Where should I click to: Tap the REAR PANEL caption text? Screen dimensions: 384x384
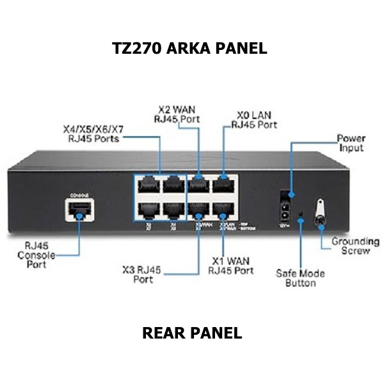click(192, 333)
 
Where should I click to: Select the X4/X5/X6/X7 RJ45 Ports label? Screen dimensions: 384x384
click(93, 134)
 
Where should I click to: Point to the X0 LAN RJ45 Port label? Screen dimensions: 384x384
click(254, 120)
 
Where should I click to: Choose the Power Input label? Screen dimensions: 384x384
click(351, 143)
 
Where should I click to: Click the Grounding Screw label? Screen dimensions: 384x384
click(355, 246)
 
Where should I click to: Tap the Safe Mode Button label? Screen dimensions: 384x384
click(300, 278)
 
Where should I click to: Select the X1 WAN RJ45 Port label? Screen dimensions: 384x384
click(231, 266)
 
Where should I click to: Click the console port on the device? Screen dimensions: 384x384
click(79, 208)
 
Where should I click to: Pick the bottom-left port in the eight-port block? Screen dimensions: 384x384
click(148, 210)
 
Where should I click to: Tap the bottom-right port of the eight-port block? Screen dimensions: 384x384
click(224, 210)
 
